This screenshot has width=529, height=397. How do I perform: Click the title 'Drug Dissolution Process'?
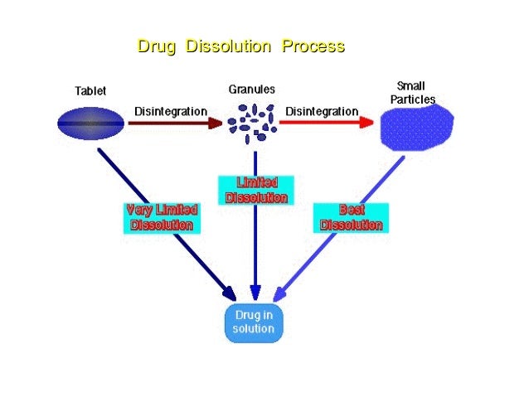(240, 46)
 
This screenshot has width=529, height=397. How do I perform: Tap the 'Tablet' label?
(90, 91)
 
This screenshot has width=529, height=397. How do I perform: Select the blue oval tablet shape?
(90, 123)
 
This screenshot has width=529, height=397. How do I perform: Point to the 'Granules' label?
(252, 90)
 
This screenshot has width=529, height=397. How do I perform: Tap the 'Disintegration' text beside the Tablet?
(171, 112)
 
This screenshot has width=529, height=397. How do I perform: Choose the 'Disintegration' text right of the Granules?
(322, 111)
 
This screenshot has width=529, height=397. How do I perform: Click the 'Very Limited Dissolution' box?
(162, 218)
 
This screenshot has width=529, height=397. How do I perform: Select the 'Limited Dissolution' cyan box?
(256, 190)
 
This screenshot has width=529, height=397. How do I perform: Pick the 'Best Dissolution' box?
(351, 218)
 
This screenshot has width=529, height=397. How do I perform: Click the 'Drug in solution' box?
(254, 322)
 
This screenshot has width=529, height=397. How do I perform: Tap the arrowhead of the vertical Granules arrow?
(255, 293)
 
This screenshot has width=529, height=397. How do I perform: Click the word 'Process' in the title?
(313, 46)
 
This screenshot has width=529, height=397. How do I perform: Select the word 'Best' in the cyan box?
(352, 211)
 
